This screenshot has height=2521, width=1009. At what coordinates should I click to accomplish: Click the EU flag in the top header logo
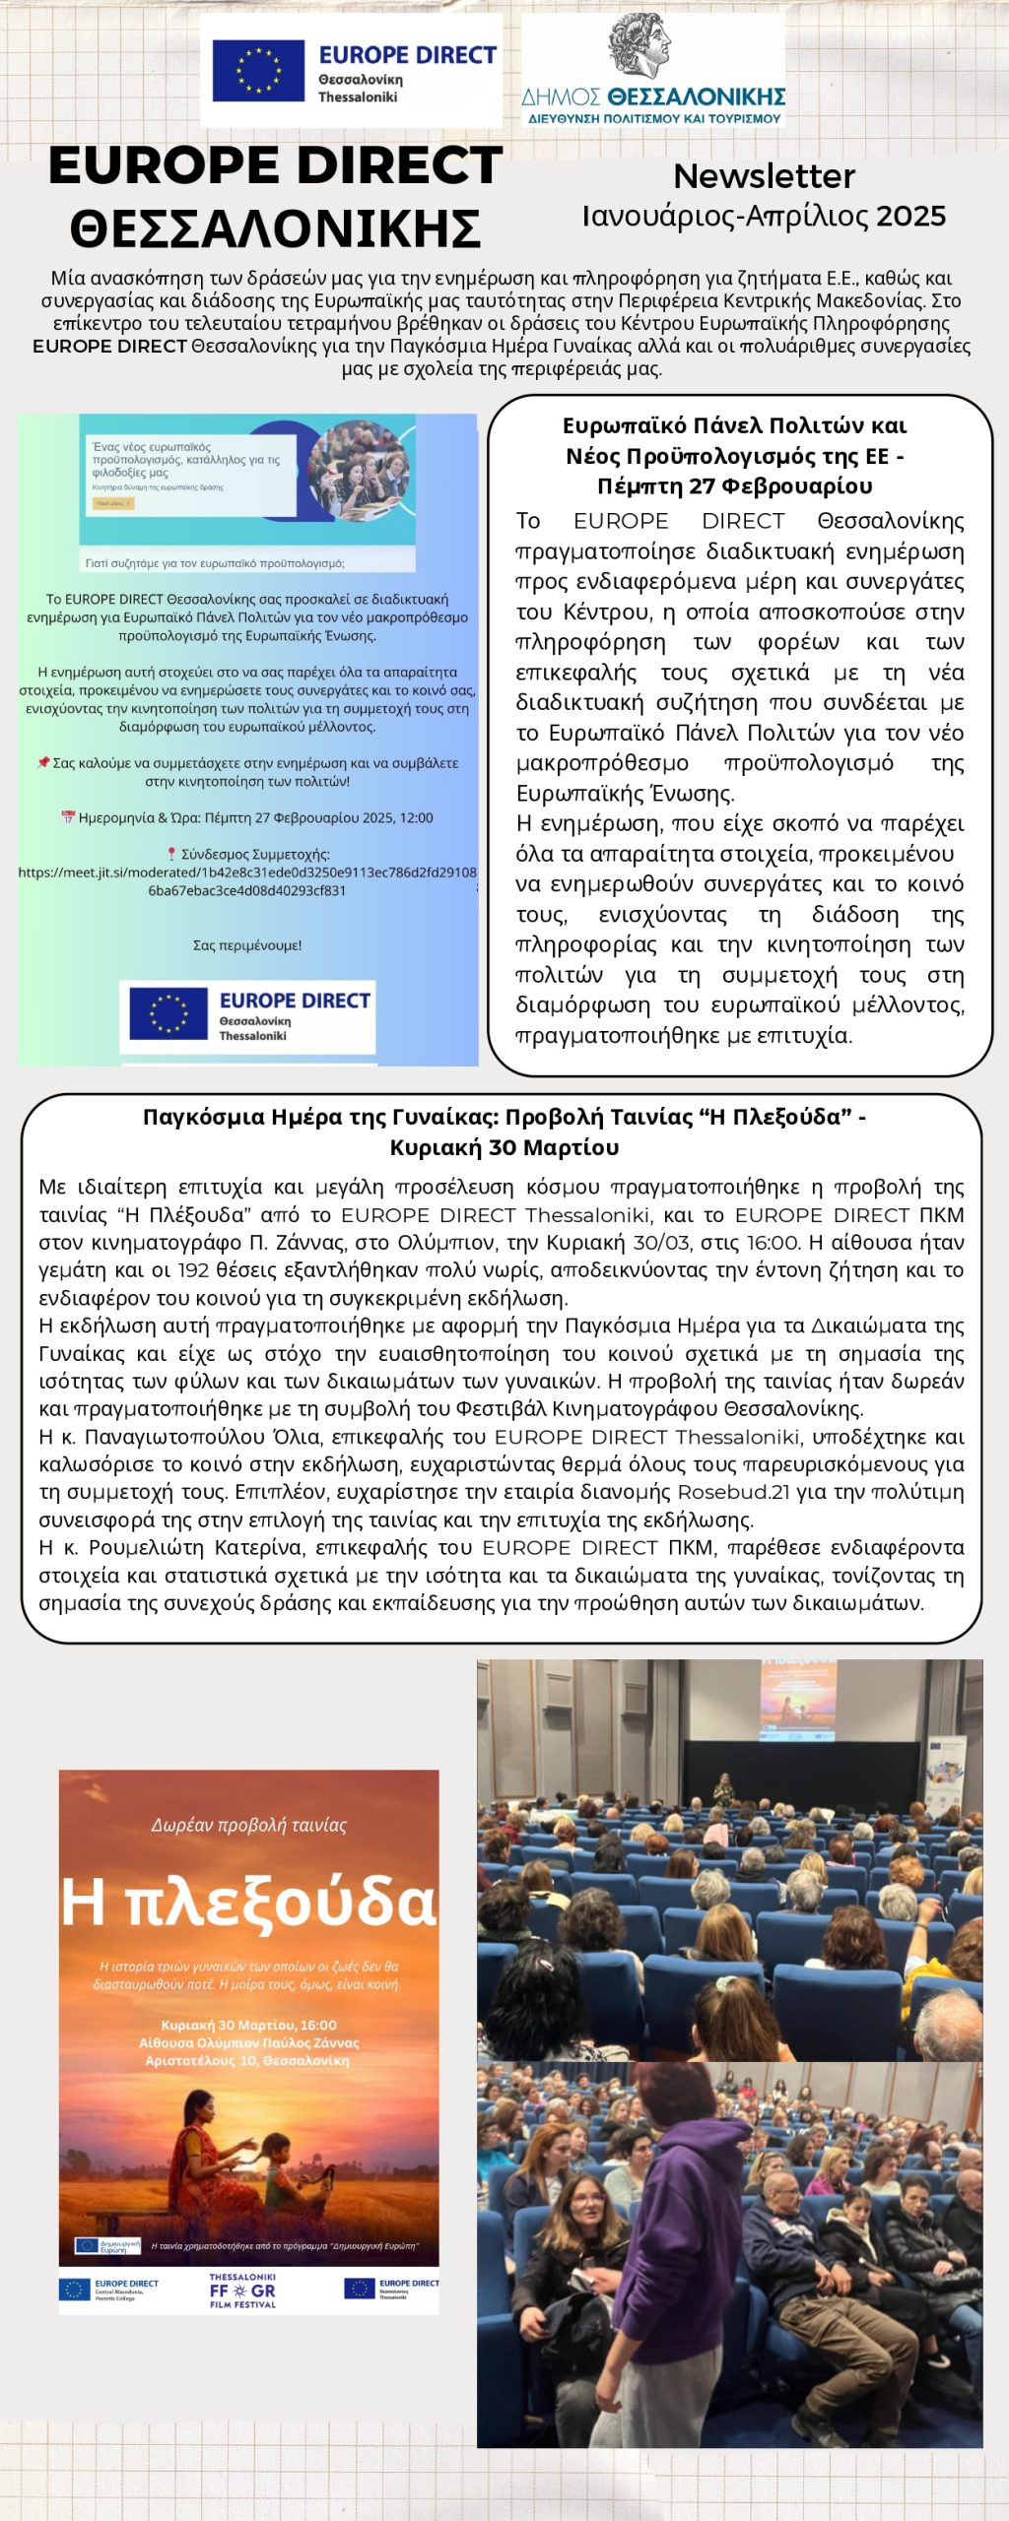[x=258, y=71]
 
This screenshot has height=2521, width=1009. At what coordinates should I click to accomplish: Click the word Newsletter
[x=764, y=176]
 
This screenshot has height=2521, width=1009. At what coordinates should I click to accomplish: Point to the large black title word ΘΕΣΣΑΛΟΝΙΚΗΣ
[x=275, y=228]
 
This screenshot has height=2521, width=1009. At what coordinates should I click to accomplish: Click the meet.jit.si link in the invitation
[x=247, y=880]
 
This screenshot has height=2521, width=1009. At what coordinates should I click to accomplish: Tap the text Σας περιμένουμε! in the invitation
[x=247, y=945]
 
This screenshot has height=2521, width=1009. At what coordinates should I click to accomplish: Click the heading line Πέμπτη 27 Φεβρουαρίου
[x=734, y=486]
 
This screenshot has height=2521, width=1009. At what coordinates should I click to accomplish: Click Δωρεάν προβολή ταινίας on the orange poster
[x=248, y=1825]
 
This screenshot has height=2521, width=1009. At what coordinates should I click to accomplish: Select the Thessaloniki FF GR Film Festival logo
[x=242, y=2292]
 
